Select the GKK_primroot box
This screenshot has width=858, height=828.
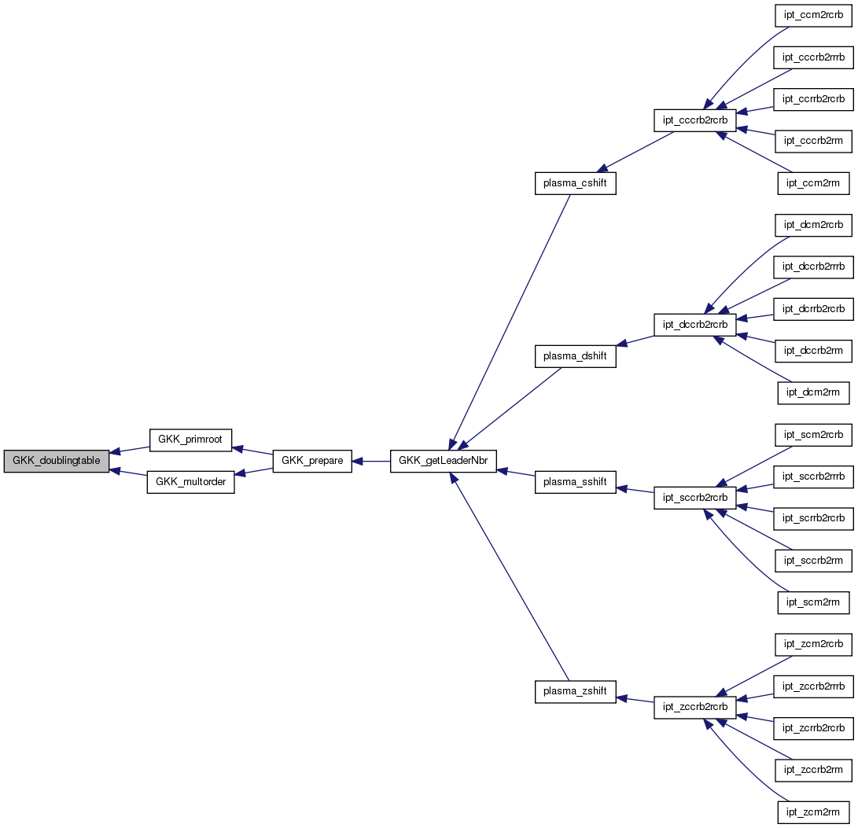tap(190, 440)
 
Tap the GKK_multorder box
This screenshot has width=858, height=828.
tap(190, 482)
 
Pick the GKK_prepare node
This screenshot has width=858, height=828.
tap(311, 461)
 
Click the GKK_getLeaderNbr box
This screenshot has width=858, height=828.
tap(444, 461)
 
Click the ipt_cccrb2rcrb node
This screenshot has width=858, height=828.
tap(695, 120)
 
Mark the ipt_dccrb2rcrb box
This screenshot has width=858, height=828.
tap(695, 324)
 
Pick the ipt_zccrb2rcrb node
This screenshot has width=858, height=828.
tap(695, 707)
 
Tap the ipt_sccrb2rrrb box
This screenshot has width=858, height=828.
tap(814, 476)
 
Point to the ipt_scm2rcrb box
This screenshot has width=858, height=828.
tap(814, 434)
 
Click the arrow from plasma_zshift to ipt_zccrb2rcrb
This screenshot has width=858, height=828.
tap(635, 698)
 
